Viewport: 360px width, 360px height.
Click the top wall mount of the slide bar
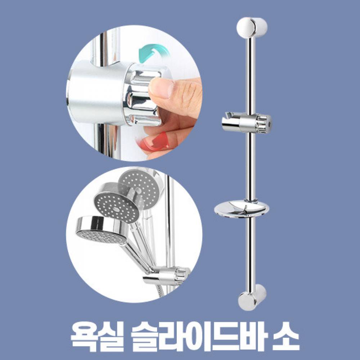[x=252, y=27]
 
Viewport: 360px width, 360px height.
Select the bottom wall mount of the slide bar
[x=252, y=297]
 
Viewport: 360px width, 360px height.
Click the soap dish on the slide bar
[x=242, y=208]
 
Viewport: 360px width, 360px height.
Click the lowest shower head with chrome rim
[x=102, y=230]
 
